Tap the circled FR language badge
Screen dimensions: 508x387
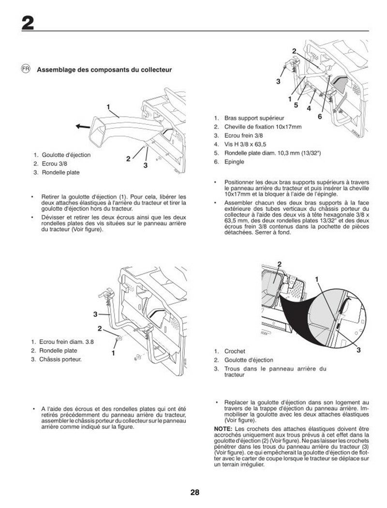[x=26, y=69]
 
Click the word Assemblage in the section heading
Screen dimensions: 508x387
[x=56, y=70]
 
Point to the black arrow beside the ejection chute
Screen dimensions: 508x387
[x=82, y=126]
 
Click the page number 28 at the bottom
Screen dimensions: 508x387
[x=194, y=493]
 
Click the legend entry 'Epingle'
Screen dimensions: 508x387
[x=234, y=162]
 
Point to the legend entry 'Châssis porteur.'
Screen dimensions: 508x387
[x=61, y=359]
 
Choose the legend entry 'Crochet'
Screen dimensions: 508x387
[x=235, y=351]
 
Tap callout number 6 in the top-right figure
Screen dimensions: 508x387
[x=320, y=117]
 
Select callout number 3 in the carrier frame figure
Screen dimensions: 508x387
[x=96, y=315]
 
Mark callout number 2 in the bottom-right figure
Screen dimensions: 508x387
[x=279, y=264]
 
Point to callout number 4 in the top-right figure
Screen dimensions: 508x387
[x=308, y=108]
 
